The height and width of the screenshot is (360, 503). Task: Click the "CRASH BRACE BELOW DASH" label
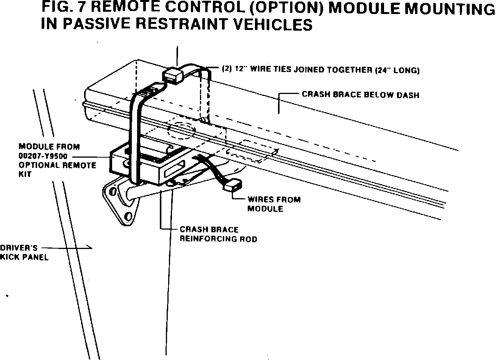click(x=360, y=94)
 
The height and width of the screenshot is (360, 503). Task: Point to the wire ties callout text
click(x=320, y=70)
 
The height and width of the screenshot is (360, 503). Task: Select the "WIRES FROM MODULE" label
click(x=273, y=204)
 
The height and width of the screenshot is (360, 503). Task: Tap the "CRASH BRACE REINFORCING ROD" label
click(x=218, y=234)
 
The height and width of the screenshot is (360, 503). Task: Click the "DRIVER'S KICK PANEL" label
click(x=24, y=252)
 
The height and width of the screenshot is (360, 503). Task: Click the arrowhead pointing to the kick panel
click(x=90, y=248)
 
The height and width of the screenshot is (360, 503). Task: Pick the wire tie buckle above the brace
click(x=173, y=74)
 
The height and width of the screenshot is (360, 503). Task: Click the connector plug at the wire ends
click(x=232, y=186)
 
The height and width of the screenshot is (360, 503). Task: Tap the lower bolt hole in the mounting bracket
click(x=128, y=217)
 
